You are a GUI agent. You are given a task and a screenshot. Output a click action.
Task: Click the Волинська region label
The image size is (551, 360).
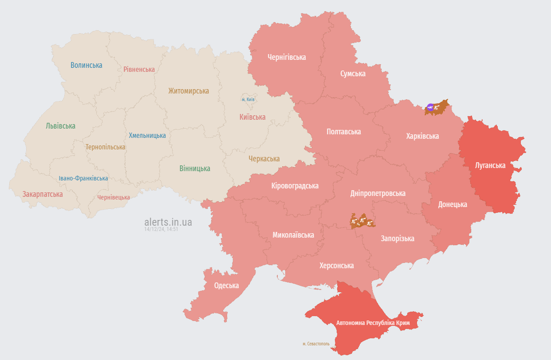point(87,65)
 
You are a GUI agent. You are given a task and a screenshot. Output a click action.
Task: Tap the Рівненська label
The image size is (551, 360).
point(139,69)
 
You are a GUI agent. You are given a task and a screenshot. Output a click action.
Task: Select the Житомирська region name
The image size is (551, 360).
point(189,91)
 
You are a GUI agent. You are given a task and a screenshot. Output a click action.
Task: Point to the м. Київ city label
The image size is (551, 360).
point(248,99)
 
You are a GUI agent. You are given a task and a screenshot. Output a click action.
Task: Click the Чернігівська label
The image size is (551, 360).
point(287,57)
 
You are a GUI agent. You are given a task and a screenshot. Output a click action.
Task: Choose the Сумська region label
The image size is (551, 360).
point(353,74)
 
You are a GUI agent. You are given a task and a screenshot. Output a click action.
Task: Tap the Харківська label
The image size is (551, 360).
point(422,136)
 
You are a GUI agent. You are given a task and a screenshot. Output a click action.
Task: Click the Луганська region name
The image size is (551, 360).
point(490,165)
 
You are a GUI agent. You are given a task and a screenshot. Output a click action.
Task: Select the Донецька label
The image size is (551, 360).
point(453,204)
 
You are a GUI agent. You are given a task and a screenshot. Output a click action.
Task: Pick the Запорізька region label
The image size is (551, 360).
point(398,239)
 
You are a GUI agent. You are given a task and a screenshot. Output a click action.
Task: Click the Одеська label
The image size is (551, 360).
point(226,286)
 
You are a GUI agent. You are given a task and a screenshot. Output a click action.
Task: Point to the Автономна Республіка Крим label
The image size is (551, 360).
point(373,323)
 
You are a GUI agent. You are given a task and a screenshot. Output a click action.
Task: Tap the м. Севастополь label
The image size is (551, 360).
point(316,344)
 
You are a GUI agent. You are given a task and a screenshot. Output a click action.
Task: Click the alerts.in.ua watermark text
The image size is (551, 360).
point(168,222)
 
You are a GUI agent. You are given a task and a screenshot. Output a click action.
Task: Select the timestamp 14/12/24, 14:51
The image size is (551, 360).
point(161,230)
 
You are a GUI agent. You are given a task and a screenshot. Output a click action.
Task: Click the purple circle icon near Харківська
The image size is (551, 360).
point(430,107)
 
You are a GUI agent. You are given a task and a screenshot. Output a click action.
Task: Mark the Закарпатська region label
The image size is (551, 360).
point(43,194)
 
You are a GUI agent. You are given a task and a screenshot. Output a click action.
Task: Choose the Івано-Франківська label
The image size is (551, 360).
point(83,178)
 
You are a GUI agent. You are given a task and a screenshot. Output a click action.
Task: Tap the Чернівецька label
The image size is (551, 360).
point(114,197)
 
